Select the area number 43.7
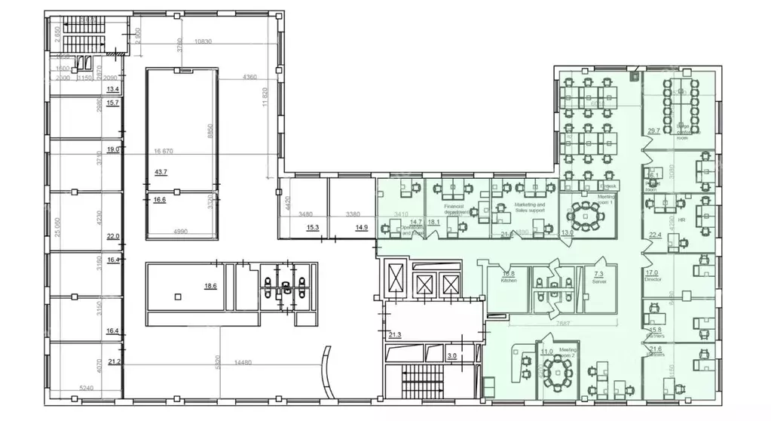[x=161, y=173]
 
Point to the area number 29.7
[x=653, y=131]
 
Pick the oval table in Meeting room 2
[x=558, y=369]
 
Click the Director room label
[x=653, y=278]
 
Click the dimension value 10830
[x=203, y=41]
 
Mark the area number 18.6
[x=210, y=287]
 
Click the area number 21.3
[x=396, y=334]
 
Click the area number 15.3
[x=312, y=227]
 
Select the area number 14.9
[x=362, y=227]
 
